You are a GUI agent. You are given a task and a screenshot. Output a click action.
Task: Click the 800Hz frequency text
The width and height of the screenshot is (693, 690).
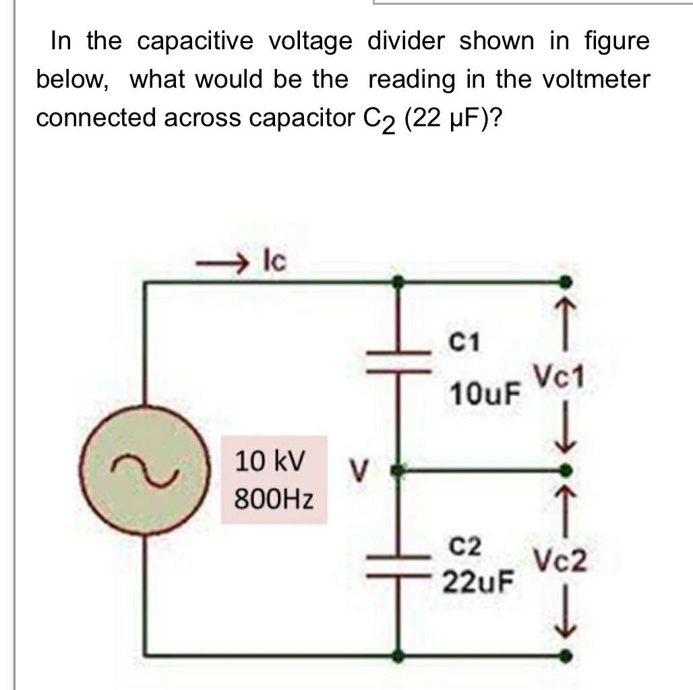pos(274,500)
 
